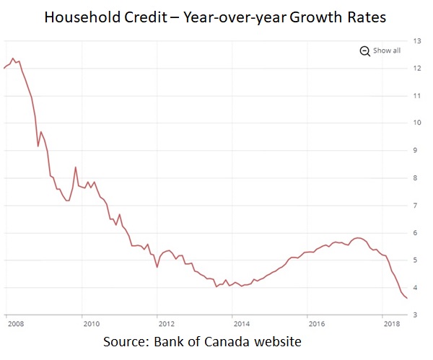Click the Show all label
coord(387,51)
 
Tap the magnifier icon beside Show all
coord(364,51)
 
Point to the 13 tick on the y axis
coord(416,40)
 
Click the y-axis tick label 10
coord(416,123)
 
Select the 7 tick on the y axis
coord(416,206)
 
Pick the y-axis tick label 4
coord(416,288)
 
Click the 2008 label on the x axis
coord(13,324)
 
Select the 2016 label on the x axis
coord(315,324)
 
